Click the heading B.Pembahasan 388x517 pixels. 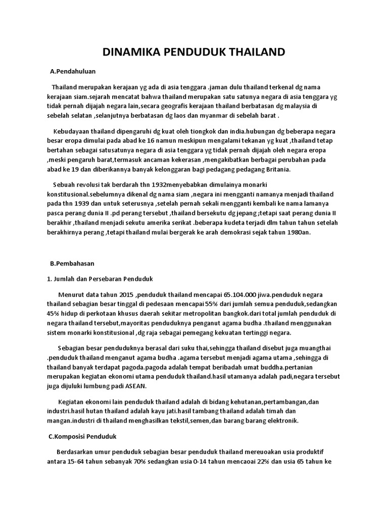(x=72, y=264)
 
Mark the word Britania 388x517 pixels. (x=276, y=170)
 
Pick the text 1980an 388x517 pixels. (x=298, y=232)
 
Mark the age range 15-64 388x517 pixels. (x=75, y=461)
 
